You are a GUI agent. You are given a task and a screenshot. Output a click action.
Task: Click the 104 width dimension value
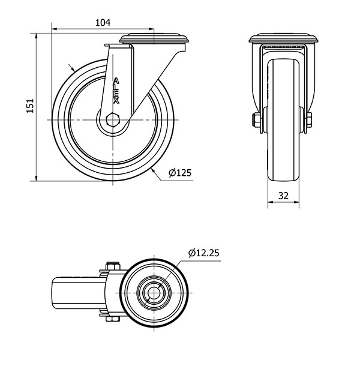pos(103,23)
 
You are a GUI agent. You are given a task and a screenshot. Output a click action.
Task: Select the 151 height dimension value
pos(30,106)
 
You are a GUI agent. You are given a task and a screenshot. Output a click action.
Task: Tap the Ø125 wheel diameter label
pos(180,173)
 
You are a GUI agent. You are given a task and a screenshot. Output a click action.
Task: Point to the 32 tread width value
pos(283,196)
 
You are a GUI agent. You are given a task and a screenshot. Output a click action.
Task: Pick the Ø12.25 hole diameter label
pos(204,253)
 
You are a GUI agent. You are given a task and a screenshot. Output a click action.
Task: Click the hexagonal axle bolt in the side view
pos(113,119)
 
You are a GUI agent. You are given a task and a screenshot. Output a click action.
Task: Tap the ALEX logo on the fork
pos(116,91)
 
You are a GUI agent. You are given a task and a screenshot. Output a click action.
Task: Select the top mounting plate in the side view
pos(154,39)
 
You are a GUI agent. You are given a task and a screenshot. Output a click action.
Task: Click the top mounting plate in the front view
pos(283,39)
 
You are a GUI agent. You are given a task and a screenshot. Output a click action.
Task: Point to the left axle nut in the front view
pos(257,120)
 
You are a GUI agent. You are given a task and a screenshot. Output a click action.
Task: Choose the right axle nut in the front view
pos(308,120)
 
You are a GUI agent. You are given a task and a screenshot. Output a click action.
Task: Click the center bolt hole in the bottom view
pos(154,292)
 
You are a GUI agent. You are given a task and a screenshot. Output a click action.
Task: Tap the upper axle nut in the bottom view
pos(113,266)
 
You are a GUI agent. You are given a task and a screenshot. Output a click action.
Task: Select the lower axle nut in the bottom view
pos(113,319)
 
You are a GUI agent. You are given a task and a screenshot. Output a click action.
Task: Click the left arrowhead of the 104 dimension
pos(55,29)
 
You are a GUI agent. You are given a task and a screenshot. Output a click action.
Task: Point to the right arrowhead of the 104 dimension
pos(151,29)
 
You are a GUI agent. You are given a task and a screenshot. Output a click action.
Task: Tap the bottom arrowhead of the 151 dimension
pos(36,178)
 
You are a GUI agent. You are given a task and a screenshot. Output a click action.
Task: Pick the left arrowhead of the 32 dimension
pos(271,202)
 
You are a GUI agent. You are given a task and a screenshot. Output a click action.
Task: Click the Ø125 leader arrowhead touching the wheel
pos(154,171)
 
